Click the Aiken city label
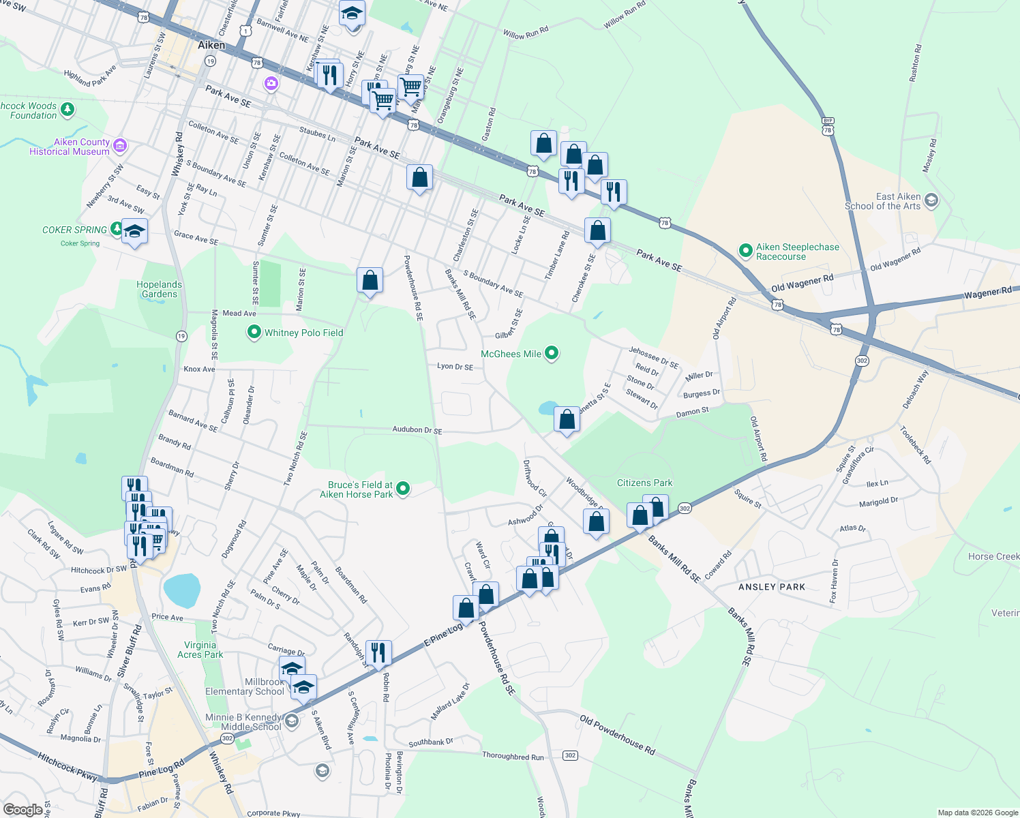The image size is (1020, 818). point(211,45)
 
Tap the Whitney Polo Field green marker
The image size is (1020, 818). point(254,333)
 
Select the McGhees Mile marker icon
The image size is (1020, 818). point(552,353)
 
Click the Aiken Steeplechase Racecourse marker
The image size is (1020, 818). point(746,252)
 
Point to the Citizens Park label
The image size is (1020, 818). point(644,483)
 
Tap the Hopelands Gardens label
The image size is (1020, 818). point(159,290)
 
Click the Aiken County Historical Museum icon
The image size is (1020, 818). point(120,145)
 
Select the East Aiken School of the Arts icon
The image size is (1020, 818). point(931,201)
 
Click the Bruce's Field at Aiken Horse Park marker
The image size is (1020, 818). point(403,488)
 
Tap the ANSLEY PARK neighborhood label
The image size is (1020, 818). point(772,587)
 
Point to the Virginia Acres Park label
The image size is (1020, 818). point(200,650)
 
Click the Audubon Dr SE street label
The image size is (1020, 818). point(417,430)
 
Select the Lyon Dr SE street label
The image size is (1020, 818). point(455,367)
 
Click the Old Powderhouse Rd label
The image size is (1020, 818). point(617,735)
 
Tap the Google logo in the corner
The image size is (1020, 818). point(23,809)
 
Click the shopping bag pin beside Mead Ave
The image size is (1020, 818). point(370,280)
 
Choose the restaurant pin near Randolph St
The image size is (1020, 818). point(378,652)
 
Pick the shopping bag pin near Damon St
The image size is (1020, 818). point(567,419)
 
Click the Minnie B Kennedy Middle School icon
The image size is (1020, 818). point(292,721)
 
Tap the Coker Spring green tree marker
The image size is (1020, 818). point(117,228)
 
